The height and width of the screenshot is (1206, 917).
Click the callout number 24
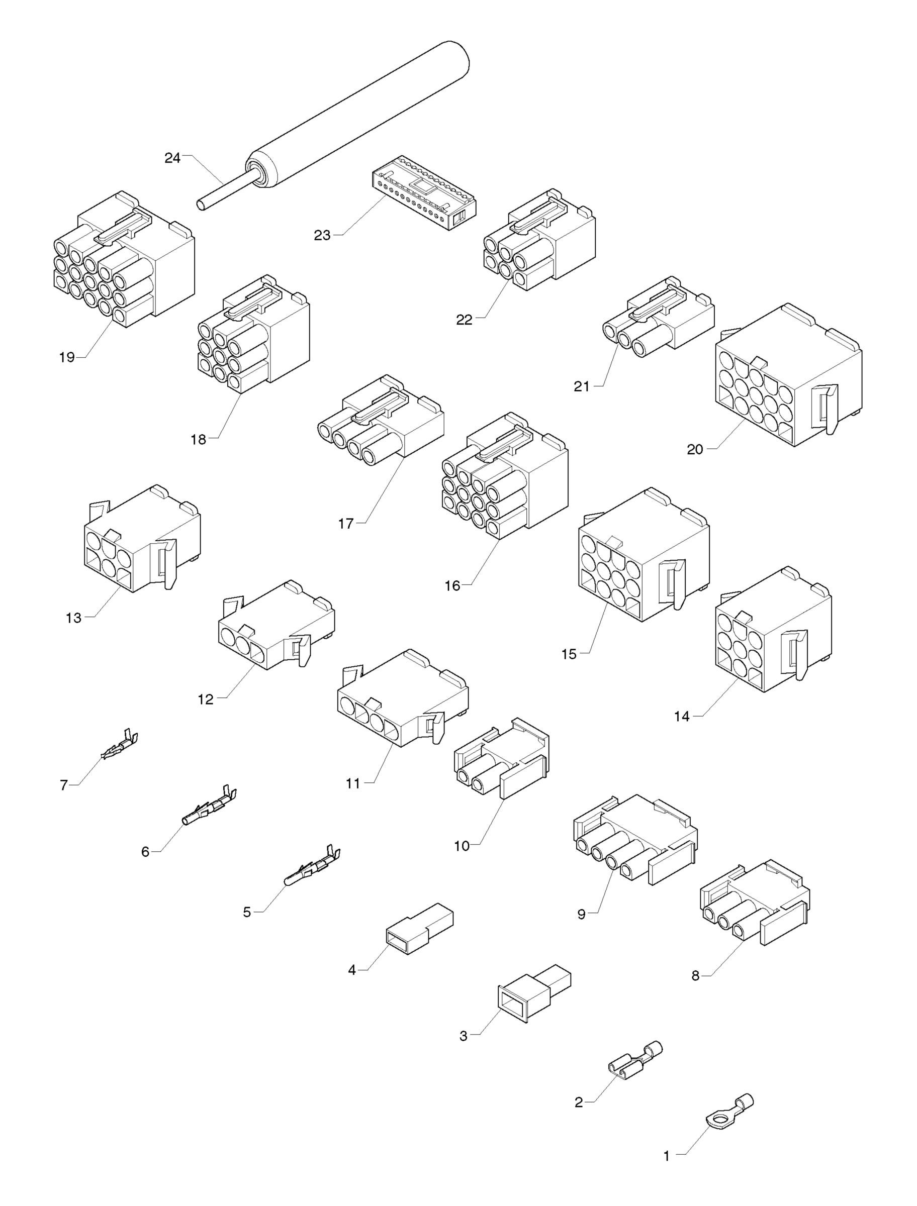point(172,158)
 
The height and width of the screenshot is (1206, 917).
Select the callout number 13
point(74,618)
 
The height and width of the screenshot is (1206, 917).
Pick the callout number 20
point(695,450)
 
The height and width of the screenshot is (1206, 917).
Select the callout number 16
point(452,586)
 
